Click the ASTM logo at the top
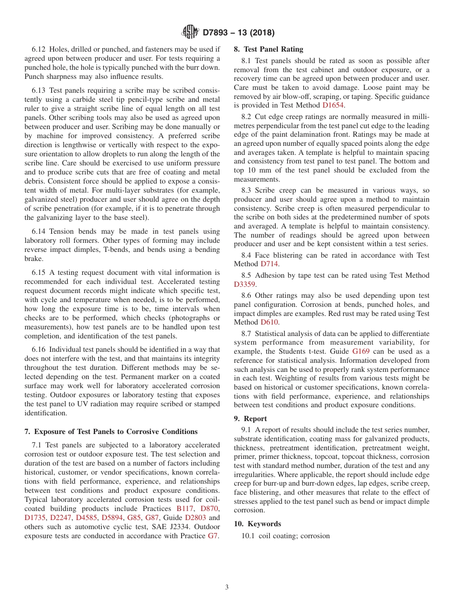pos(190,32)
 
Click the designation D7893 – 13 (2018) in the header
pos(238,33)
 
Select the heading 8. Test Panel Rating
pos(268,49)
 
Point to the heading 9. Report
pos(250,418)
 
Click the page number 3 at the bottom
pos(227,587)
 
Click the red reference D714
pos(270,264)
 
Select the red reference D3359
pos(245,284)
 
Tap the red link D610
pos(270,322)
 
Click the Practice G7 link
pos(213,536)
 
